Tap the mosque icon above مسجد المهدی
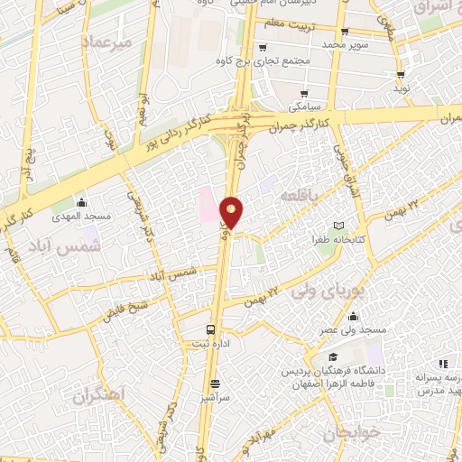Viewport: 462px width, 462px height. click(82, 201)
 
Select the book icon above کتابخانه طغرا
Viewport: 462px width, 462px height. click(339, 226)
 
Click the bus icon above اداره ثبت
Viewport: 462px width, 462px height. click(210, 329)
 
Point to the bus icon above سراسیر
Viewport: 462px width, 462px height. click(210, 382)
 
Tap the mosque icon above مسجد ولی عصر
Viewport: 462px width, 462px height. click(352, 316)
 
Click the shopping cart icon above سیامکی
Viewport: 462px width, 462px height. click(305, 93)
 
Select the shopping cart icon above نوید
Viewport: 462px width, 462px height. click(400, 75)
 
